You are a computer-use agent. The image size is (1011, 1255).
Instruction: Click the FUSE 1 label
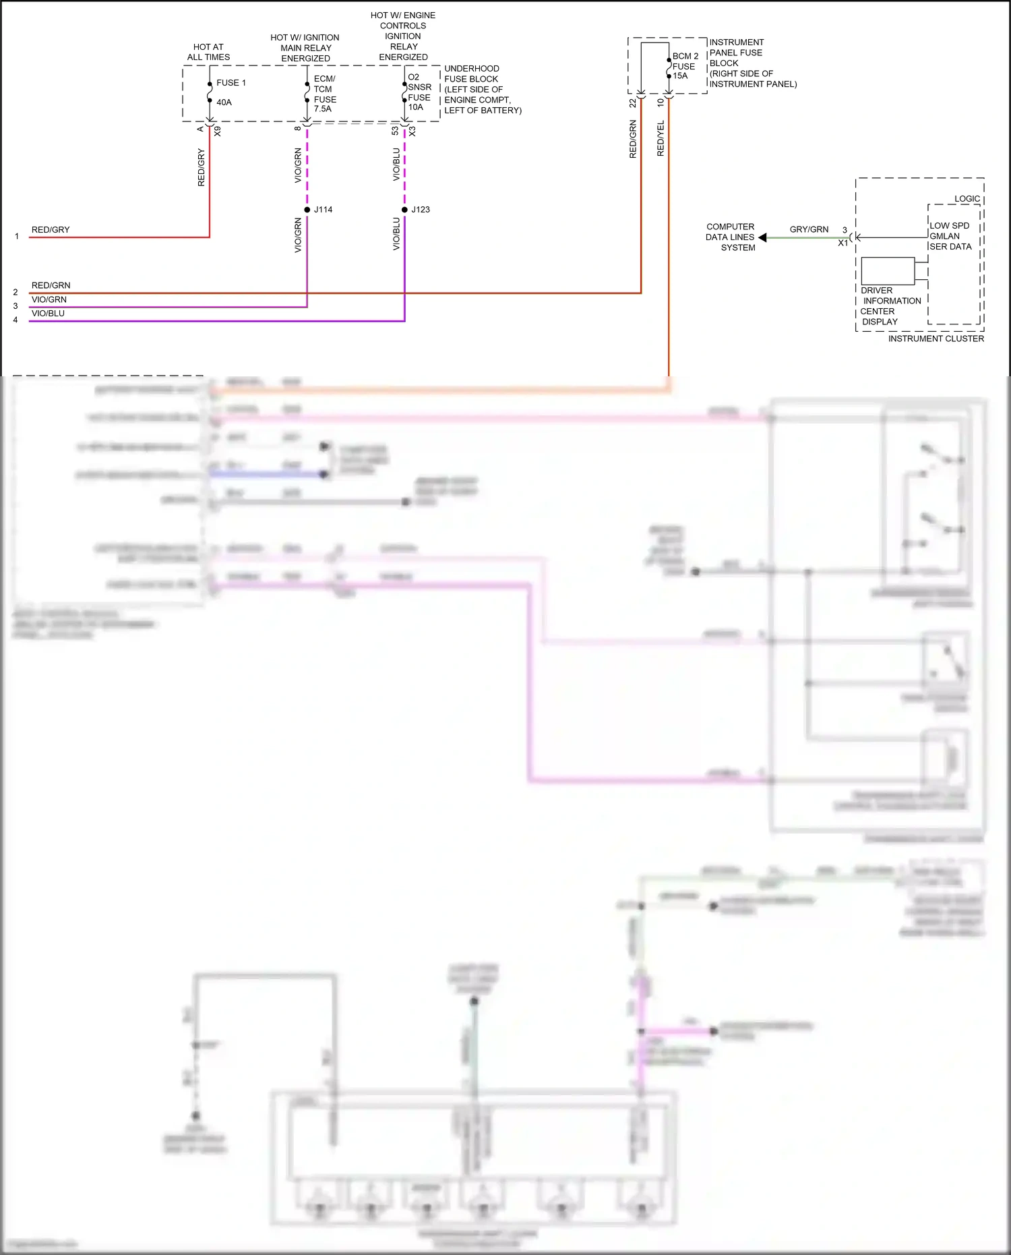click(231, 83)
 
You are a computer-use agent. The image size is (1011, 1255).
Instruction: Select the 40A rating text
click(224, 103)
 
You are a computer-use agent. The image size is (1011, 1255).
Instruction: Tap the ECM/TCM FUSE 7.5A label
click(324, 94)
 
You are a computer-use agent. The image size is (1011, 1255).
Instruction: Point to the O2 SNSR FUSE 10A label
click(419, 92)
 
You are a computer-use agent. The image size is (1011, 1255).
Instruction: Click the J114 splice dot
click(307, 210)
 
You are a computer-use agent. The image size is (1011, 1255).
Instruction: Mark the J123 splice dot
click(404, 210)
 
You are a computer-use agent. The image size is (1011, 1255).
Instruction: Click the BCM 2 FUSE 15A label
click(684, 66)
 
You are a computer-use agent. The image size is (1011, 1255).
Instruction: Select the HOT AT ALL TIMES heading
click(208, 52)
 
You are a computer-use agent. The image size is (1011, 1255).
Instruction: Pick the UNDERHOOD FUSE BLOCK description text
click(482, 89)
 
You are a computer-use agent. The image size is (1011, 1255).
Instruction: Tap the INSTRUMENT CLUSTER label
click(936, 339)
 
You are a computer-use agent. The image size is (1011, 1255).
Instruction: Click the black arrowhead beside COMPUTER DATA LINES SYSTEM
click(762, 237)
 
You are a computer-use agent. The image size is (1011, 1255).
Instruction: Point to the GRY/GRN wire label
click(809, 229)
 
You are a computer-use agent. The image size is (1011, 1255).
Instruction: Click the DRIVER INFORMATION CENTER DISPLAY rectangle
click(888, 271)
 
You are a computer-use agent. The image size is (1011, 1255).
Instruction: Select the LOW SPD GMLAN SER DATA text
click(950, 236)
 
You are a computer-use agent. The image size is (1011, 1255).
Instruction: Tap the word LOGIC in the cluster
click(967, 199)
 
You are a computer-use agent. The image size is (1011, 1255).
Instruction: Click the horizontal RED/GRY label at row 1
click(51, 230)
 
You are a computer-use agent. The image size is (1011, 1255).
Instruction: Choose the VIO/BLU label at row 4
click(48, 314)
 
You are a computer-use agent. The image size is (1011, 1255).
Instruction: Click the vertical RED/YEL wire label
click(661, 139)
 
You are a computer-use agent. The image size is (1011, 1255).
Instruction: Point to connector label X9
click(217, 132)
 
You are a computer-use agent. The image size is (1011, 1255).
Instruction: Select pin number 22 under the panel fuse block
click(632, 103)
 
